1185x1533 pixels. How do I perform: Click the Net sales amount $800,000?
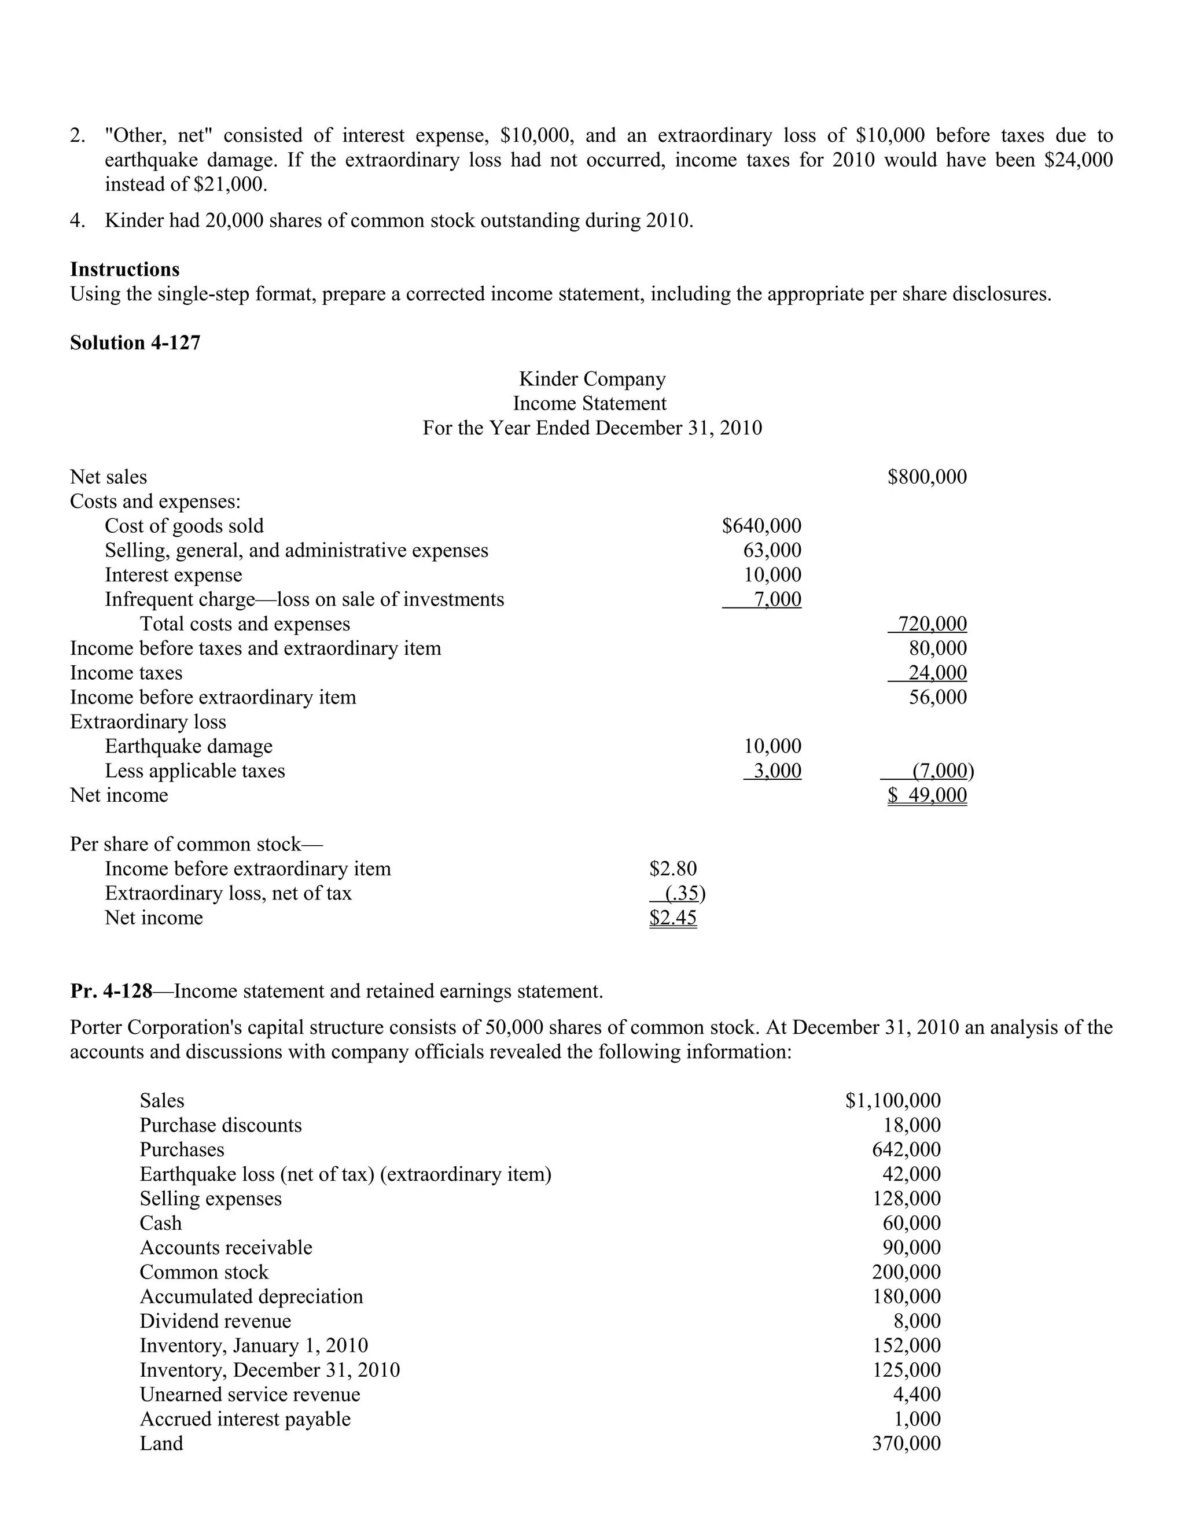point(927,477)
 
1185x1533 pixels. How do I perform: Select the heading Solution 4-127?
point(135,342)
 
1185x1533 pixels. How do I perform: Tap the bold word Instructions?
point(124,270)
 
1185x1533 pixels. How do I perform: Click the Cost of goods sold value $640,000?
point(761,526)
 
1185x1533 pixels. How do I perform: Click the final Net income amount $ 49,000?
point(927,795)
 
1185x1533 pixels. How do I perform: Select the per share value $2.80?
point(672,869)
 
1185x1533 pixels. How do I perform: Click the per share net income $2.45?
point(672,918)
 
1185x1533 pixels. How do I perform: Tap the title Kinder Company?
point(592,379)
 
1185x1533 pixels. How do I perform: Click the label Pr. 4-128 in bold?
point(111,991)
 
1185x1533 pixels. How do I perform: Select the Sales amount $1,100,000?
point(893,1101)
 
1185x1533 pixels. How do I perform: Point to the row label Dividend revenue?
point(215,1321)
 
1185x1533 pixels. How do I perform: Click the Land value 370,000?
point(906,1443)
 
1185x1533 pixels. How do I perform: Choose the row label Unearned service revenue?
point(249,1394)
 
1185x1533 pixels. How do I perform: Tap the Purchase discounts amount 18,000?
point(911,1125)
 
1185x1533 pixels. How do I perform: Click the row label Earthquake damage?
point(188,746)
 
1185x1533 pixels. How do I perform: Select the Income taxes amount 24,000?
point(937,672)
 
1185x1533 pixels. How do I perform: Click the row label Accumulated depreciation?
point(251,1296)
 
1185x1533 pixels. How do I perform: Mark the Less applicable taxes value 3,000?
point(776,771)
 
